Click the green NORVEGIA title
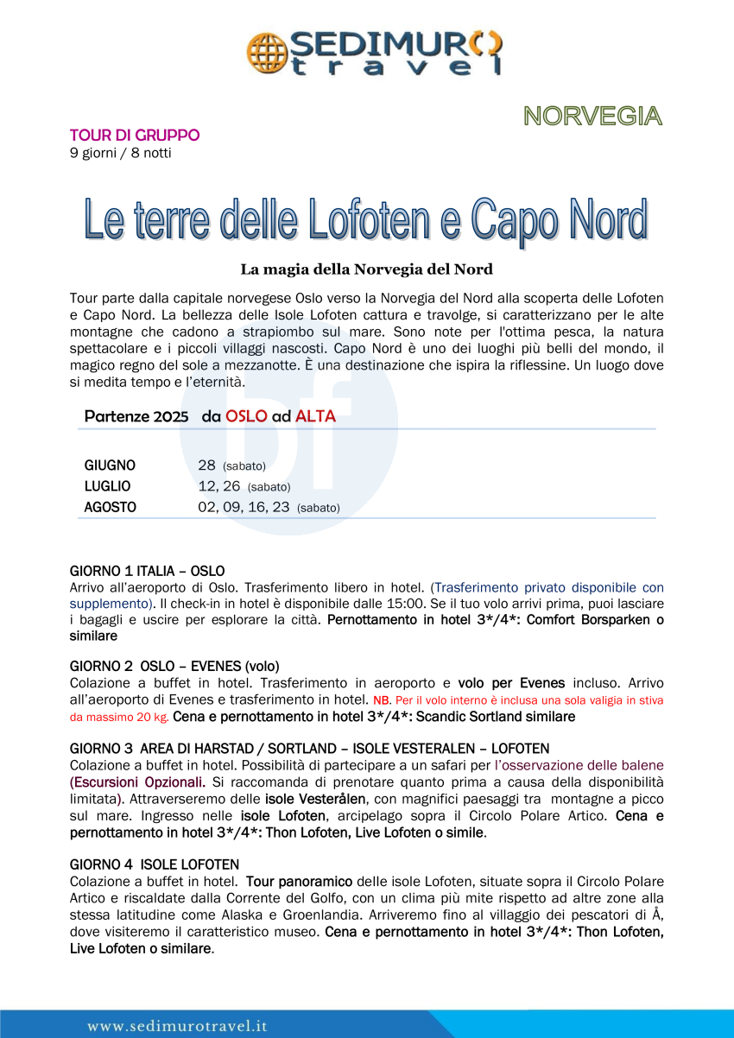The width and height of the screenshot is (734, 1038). (x=592, y=117)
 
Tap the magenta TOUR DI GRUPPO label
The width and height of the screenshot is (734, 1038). (x=135, y=136)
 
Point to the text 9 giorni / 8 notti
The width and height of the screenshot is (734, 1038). (x=120, y=154)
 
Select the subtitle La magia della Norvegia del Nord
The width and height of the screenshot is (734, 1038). (x=366, y=269)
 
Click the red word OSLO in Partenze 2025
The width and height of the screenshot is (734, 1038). (x=246, y=416)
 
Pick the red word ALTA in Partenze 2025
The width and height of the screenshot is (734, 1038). (x=315, y=416)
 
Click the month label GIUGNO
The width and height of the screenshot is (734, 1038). (x=110, y=465)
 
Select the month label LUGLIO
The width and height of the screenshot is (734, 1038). (x=107, y=486)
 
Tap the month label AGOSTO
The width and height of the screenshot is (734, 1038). (x=110, y=508)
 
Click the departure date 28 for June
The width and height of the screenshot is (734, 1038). (x=206, y=465)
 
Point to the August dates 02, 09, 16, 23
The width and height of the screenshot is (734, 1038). (x=244, y=508)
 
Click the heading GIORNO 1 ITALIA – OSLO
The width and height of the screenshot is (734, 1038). (x=147, y=571)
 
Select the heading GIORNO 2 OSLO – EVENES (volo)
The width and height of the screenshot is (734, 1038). (x=174, y=666)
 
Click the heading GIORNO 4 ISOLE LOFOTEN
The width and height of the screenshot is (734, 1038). (x=155, y=864)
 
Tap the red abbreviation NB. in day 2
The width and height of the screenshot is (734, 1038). (x=382, y=700)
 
